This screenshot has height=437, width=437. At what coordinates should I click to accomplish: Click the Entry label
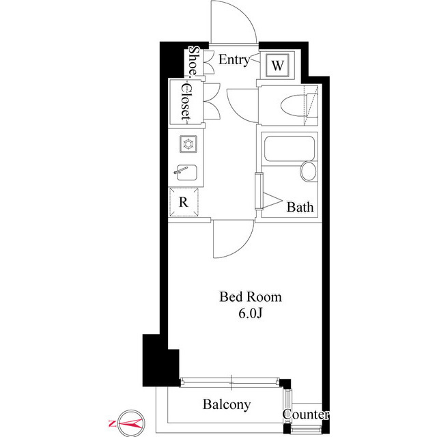point(234,60)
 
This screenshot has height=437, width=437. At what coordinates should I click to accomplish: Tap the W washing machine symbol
point(277,66)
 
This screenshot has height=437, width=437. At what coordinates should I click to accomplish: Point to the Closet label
point(186,102)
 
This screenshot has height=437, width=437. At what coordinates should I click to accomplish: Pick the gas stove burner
point(188,144)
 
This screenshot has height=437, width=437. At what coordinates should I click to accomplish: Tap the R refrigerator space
point(184,202)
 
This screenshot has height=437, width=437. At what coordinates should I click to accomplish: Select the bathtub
point(289,149)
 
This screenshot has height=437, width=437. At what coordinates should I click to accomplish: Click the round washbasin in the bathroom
point(308,171)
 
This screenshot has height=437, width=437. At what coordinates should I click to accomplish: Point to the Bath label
point(300,207)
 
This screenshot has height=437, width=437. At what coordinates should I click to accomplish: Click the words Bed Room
point(251,297)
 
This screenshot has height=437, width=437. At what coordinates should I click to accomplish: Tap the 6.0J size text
point(251,313)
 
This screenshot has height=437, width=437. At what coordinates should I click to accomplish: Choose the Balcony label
point(227,405)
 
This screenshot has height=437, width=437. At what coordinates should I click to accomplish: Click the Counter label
point(306,414)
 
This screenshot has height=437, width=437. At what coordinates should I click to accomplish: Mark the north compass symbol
point(131,423)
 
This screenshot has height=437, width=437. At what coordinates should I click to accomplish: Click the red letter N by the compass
point(112,423)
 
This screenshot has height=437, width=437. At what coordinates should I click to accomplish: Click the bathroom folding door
point(259,191)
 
